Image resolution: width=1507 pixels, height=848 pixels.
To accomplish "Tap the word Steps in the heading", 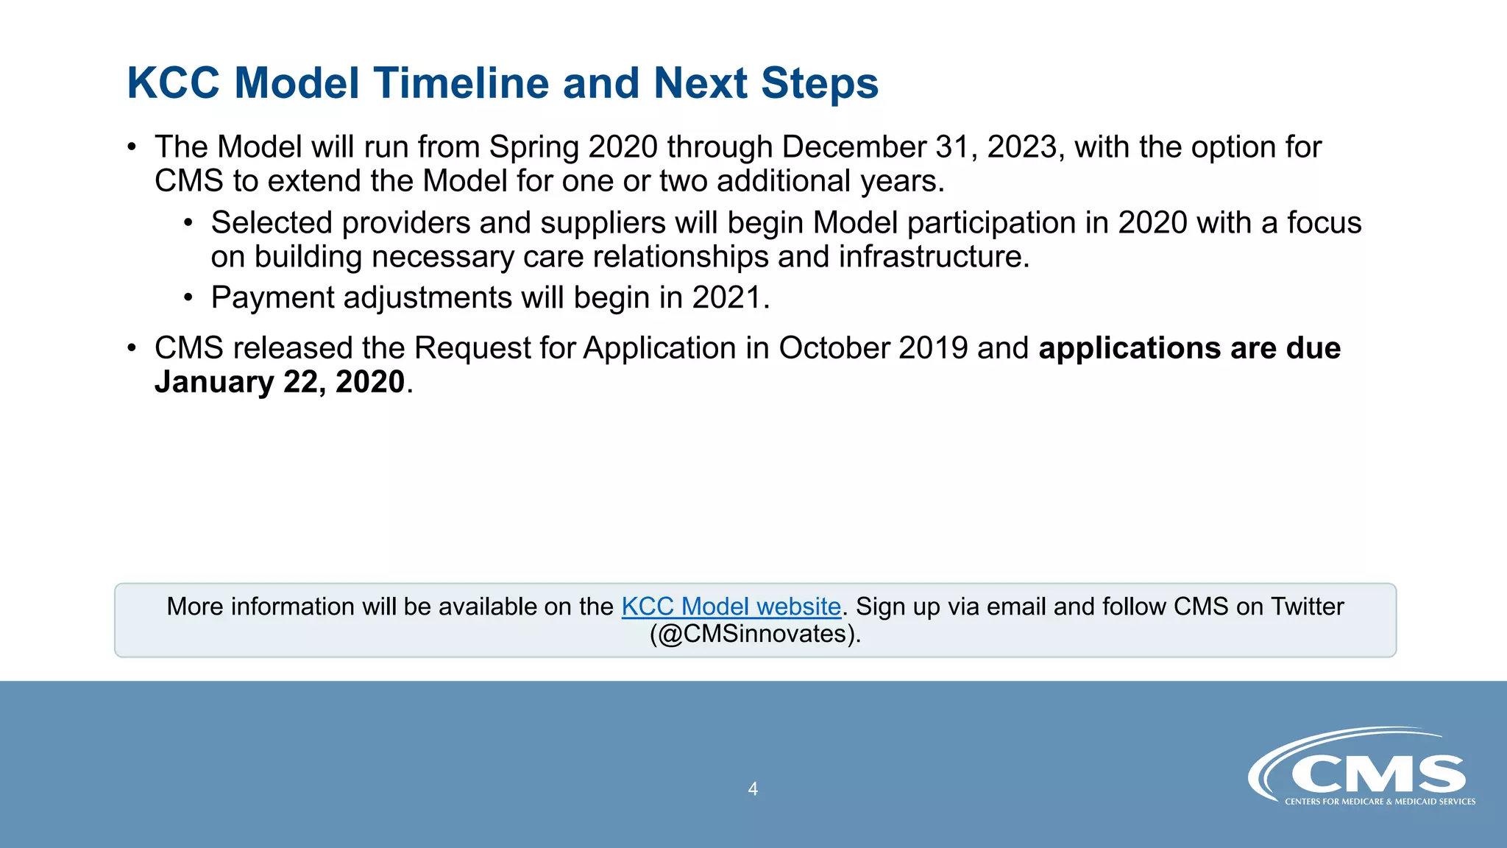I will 819,82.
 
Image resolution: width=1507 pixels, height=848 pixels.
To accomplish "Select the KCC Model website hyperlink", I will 731,607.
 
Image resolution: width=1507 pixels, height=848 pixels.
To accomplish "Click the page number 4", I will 753,789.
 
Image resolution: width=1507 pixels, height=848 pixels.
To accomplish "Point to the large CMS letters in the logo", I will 1378,774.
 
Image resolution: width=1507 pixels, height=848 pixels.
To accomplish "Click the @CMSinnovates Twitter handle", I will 755,634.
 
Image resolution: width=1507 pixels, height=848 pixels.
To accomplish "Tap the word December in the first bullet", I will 854,147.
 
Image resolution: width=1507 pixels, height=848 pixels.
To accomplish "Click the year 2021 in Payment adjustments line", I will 726,297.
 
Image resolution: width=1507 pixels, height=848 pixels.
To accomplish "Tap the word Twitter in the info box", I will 1307,607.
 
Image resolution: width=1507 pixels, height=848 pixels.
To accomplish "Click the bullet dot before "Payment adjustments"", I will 188,298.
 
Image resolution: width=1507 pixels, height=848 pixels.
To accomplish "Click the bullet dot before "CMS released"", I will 132,348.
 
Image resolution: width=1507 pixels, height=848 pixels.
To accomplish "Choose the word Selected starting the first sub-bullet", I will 272,223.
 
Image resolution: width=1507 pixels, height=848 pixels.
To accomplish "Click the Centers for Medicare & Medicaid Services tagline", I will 1380,802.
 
